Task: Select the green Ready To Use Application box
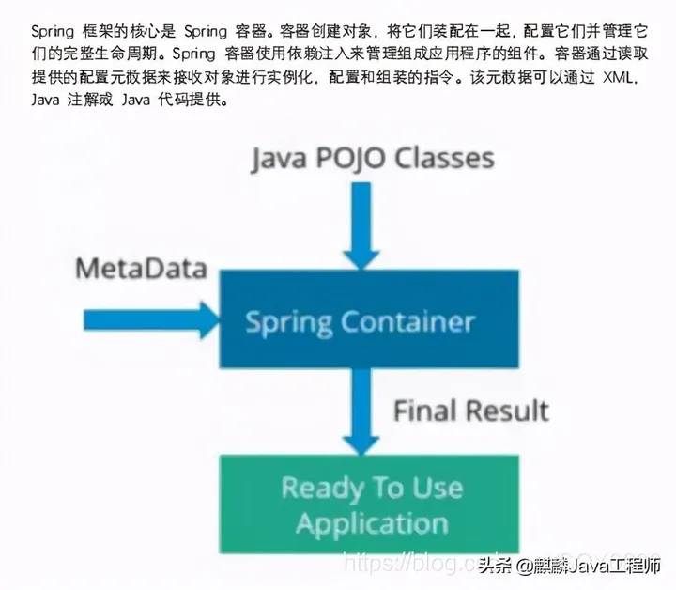[369, 505]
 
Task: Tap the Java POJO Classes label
[372, 158]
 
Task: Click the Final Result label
[470, 410]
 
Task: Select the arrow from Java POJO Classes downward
[361, 226]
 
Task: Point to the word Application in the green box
[372, 522]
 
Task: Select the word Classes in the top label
[446, 158]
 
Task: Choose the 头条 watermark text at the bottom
[495, 566]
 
